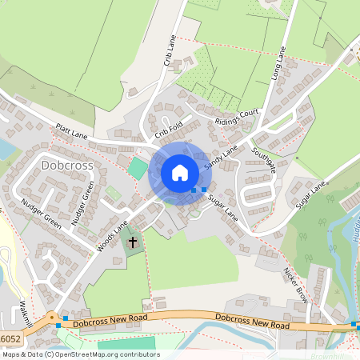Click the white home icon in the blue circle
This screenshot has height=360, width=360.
click(180, 172)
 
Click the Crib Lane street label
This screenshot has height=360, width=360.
click(170, 52)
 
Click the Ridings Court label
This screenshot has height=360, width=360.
click(238, 117)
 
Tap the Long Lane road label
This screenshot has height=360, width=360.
click(279, 63)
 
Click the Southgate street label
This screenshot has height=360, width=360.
click(263, 160)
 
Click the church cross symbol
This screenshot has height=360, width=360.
click(134, 240)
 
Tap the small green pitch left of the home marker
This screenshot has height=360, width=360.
click(138, 169)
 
